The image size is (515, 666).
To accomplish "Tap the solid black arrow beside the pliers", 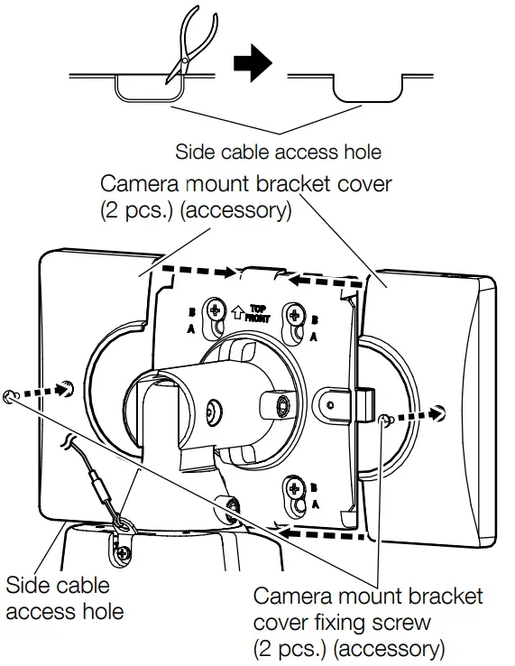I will point(253,65).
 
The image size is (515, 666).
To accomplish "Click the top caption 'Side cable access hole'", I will point(278,151).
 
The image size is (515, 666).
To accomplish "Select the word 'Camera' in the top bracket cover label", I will point(145,185).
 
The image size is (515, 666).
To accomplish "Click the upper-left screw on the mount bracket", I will point(216,311).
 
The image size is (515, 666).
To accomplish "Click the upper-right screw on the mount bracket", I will point(293,314).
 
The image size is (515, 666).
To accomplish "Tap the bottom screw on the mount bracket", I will point(293,491).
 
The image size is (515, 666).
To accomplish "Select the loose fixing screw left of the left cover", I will point(12,395).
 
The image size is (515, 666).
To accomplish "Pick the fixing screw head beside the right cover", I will point(385,418).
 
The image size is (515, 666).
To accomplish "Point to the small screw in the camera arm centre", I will point(214,410).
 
